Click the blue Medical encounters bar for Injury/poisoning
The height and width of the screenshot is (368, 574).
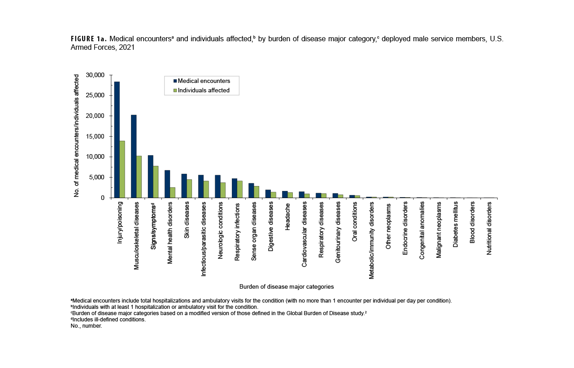point(117,139)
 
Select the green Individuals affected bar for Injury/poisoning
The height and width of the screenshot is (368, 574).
point(122,169)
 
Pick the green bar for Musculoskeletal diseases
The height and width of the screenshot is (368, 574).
point(139,177)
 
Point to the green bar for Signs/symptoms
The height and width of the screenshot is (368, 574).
point(156,182)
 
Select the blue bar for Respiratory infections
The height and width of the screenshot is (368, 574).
point(235,188)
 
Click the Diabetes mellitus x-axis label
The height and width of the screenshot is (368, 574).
point(456,225)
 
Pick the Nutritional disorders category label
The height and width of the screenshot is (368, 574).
point(489,228)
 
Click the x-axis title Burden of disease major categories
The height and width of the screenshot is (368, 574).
point(287,286)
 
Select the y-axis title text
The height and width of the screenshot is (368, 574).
point(77,136)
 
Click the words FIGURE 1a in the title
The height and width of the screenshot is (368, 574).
point(87,39)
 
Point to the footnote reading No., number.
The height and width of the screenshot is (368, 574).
point(87,326)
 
